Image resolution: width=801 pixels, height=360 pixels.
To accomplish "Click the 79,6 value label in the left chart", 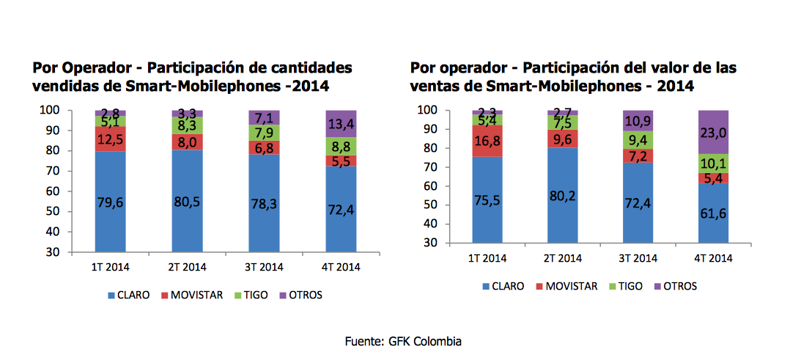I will tap(110, 203).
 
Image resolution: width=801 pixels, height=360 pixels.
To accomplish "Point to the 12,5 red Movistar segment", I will tap(110, 139).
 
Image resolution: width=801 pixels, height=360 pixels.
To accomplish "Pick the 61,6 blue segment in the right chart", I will tap(713, 213).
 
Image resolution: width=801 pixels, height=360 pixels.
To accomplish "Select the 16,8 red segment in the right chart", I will tap(487, 140).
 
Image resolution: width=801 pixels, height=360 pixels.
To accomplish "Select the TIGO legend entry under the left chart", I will tap(251, 295).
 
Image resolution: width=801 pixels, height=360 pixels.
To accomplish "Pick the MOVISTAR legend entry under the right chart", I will tap(572, 286).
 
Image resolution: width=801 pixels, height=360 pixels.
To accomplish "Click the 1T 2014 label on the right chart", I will tap(487, 258).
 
